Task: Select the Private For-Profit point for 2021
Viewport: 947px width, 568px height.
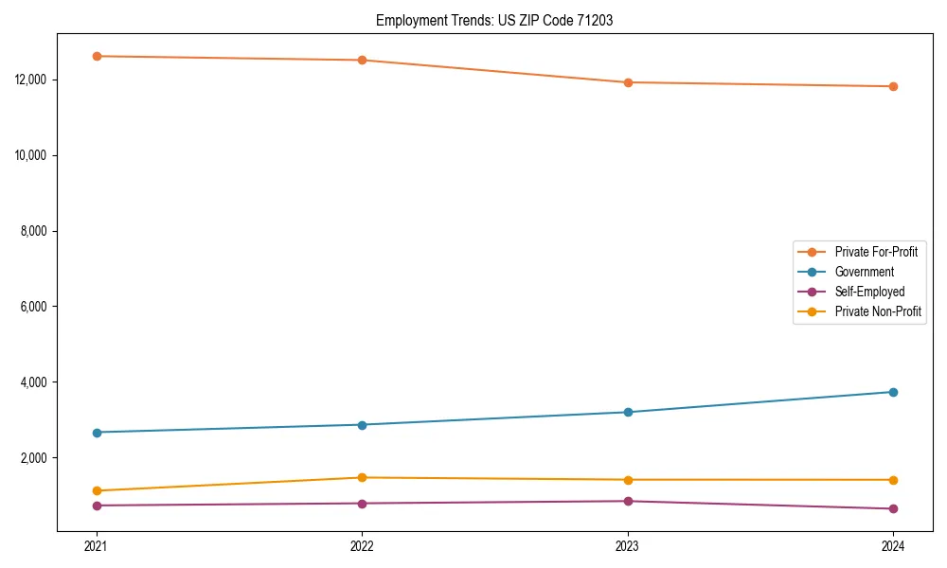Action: coord(97,56)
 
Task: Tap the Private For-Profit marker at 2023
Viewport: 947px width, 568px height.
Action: coord(628,82)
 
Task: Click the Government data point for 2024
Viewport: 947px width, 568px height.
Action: coord(893,392)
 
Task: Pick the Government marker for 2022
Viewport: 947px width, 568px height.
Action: coord(362,424)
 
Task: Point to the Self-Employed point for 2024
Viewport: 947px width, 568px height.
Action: coord(893,508)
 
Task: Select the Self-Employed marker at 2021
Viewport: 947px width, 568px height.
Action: coord(97,506)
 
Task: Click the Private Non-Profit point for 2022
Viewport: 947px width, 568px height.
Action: coord(362,477)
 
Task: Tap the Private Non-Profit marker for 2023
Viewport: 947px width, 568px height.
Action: coord(628,480)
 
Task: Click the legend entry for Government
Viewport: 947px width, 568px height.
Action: coord(864,272)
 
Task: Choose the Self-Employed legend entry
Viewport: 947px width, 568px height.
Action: coord(869,292)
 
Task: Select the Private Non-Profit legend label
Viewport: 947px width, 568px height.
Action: coord(878,311)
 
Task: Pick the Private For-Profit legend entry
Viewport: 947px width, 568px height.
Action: coord(876,252)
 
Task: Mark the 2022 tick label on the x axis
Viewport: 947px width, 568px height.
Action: coord(362,545)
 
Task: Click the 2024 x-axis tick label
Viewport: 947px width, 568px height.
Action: coord(893,545)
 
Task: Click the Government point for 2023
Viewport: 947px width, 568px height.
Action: coord(628,412)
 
